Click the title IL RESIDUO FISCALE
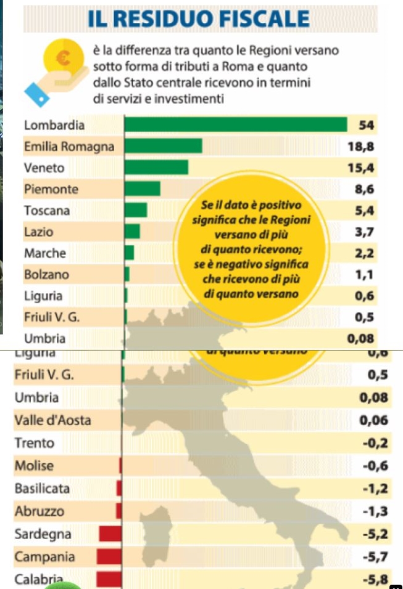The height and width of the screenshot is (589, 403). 199,18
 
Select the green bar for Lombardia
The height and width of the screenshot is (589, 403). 236,124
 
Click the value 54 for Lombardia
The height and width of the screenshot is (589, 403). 367,125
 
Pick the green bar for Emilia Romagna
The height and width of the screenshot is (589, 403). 164,146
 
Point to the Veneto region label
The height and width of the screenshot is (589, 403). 44,168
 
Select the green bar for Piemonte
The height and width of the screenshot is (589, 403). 143,189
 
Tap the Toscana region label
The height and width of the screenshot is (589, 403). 47,210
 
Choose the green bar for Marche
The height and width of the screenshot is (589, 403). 130,253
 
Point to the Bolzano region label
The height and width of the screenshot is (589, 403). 46,274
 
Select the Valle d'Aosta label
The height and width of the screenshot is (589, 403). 52,420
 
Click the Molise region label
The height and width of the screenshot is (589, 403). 34,466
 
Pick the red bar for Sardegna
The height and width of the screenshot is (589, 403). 110,534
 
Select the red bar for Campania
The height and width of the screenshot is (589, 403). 109,556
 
